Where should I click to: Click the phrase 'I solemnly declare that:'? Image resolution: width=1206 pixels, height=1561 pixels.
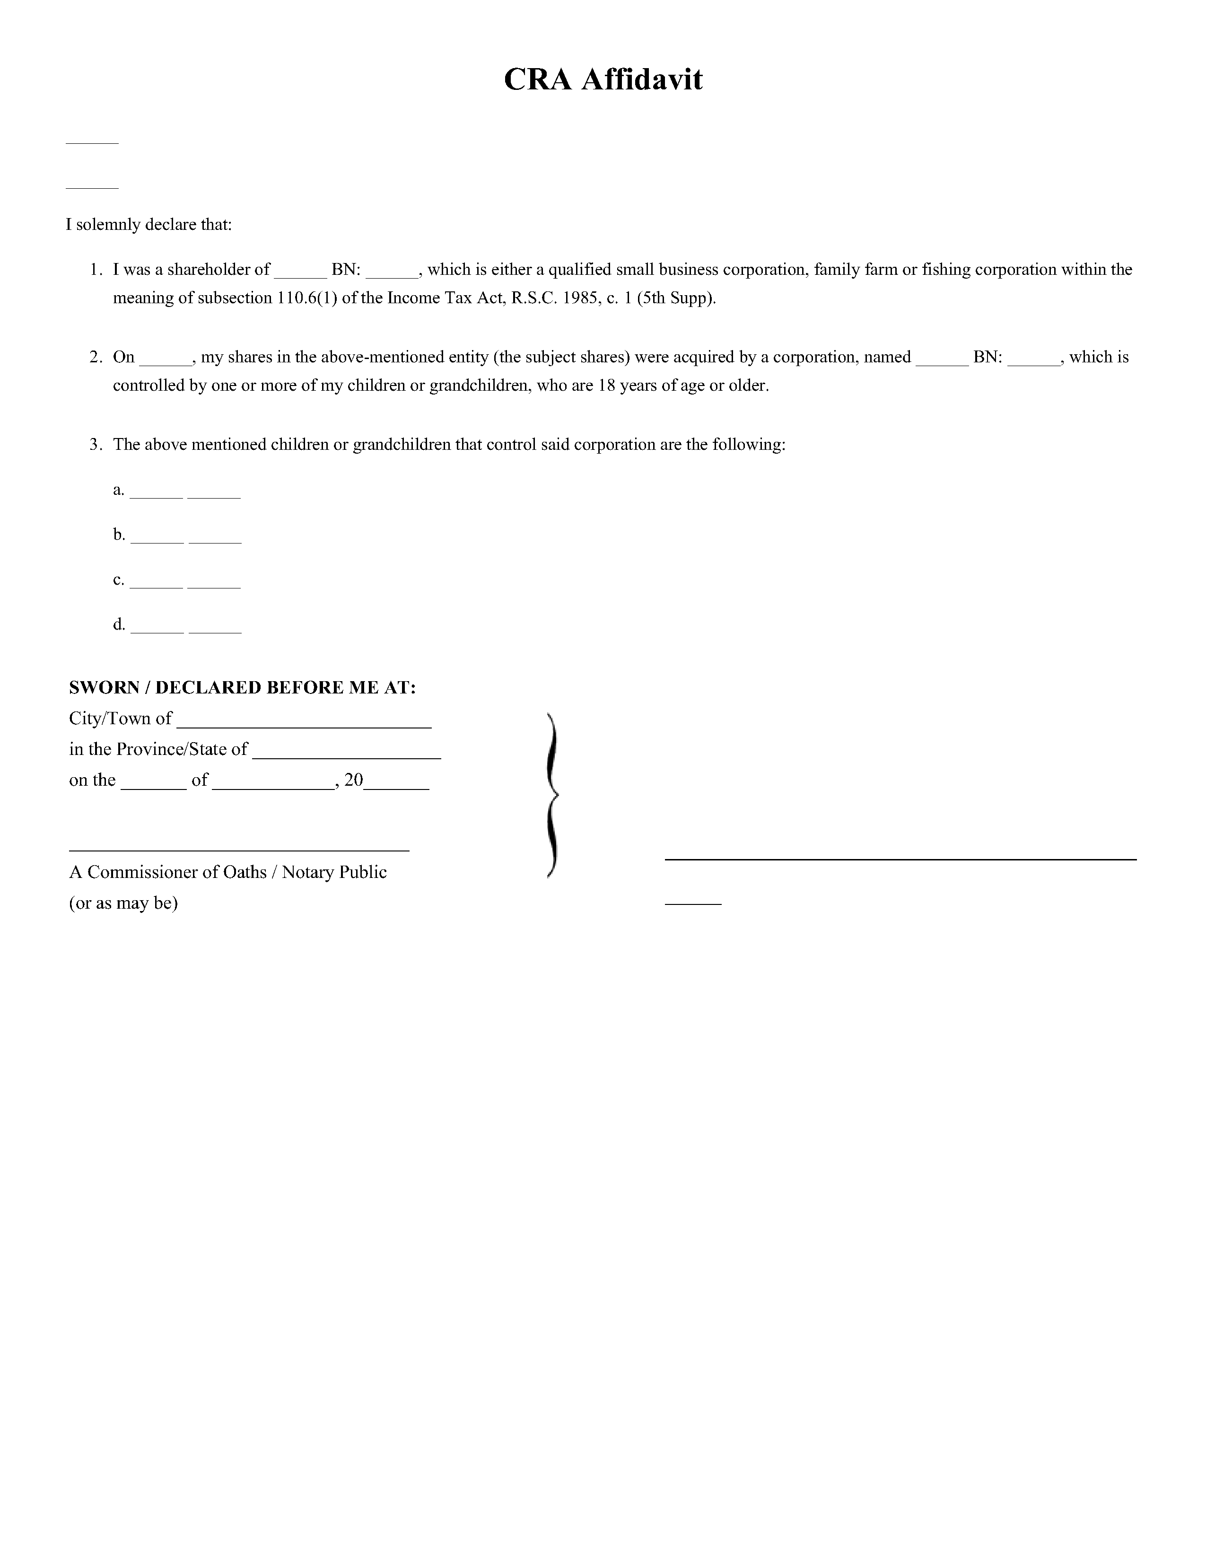[149, 224]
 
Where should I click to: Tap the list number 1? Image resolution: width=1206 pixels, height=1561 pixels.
[95, 270]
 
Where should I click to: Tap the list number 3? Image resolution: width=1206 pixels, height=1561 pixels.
[95, 445]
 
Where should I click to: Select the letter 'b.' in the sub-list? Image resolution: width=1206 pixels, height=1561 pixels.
[119, 535]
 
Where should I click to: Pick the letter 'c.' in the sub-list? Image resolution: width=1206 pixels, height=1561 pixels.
[119, 579]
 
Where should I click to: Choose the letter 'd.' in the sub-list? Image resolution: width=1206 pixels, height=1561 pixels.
[119, 624]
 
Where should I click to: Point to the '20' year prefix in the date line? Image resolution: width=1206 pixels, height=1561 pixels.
[354, 780]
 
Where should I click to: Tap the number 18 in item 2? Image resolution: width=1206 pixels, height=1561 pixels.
[606, 386]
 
